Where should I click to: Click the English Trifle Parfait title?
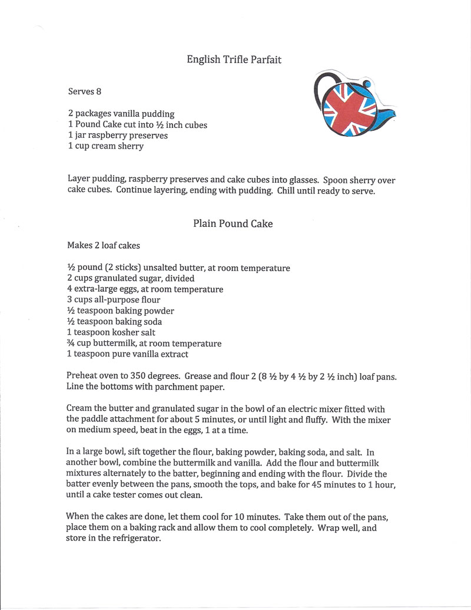(x=235, y=59)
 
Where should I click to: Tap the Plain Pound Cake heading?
(x=233, y=224)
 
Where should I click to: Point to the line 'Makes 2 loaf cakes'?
(x=103, y=245)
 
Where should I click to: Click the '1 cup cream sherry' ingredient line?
(x=105, y=146)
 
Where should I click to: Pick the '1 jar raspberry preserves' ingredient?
(x=118, y=136)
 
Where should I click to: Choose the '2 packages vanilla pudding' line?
(x=121, y=114)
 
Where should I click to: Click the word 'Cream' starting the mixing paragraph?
(x=79, y=409)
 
